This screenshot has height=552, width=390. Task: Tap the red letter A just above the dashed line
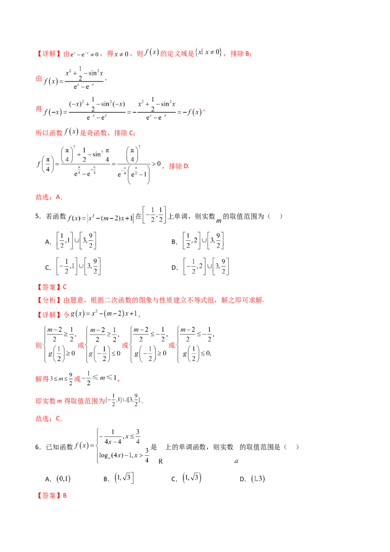(58, 197)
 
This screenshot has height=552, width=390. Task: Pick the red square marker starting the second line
(38, 78)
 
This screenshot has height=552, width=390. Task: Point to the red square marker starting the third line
(38, 110)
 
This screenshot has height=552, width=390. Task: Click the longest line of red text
(151, 300)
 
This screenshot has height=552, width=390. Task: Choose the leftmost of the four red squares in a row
(38, 345)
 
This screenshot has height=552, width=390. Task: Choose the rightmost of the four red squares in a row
(171, 345)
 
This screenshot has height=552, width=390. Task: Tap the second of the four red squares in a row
(81, 345)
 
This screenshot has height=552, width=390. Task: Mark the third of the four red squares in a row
(125, 345)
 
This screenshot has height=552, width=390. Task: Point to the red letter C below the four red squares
(58, 418)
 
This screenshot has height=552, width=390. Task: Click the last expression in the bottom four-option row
(258, 479)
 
